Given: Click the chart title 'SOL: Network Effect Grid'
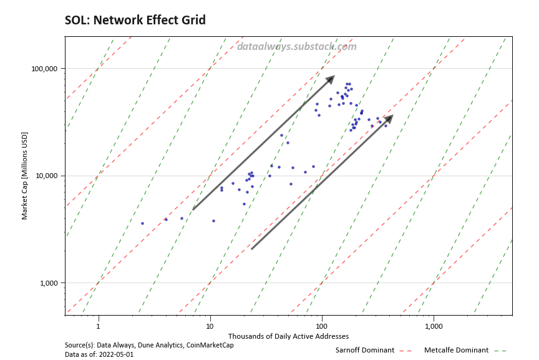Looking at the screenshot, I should coord(135,21).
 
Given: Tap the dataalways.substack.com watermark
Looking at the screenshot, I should coord(297,46).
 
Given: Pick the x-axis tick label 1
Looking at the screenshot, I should coord(98,326).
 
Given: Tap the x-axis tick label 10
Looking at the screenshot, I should coord(210,326).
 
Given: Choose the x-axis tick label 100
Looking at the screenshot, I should coord(321,326).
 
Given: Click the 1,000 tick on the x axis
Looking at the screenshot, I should coord(433,326).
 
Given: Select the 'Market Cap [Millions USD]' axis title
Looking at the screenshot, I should coord(25,176).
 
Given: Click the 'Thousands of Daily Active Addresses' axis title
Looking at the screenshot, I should coord(288,336).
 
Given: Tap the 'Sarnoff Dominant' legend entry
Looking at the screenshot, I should coord(364,350).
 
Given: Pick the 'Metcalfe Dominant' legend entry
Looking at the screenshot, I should coord(456,350).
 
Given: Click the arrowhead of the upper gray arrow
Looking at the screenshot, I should coord(331,78).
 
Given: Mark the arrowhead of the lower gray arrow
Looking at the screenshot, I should coord(389,118).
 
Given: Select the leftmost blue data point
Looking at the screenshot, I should coord(142,223).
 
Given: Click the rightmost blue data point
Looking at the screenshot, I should coord(386,126).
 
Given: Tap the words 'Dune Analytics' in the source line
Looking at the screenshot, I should coord(162,345).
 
